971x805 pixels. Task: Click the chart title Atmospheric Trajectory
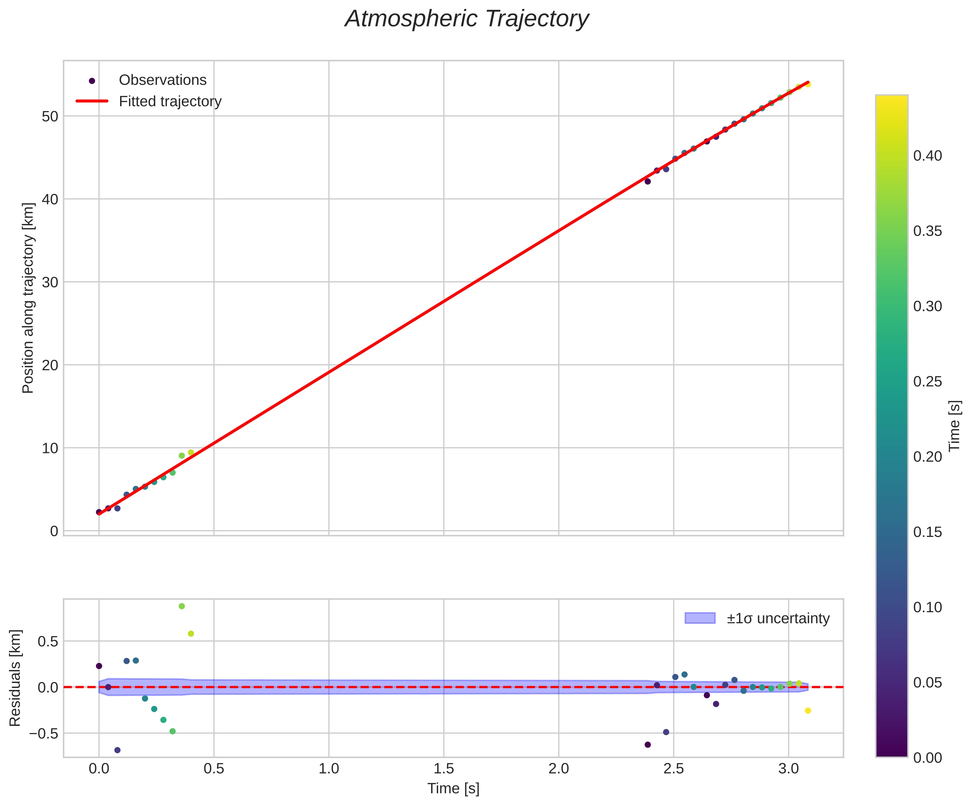pyautogui.click(x=466, y=19)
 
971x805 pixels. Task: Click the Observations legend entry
pyautogui.click(x=162, y=80)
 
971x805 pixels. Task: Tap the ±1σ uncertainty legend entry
pyautogui.click(x=778, y=618)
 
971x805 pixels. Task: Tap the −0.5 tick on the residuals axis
pyautogui.click(x=44, y=733)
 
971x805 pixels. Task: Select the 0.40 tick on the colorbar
pyautogui.click(x=928, y=156)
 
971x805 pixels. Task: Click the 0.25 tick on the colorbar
pyautogui.click(x=928, y=382)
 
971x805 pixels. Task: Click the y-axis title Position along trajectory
pyautogui.click(x=28, y=298)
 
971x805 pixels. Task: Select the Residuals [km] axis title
pyautogui.click(x=15, y=677)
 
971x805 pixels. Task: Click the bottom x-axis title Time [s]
pyautogui.click(x=453, y=789)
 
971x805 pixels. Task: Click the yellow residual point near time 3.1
pyautogui.click(x=808, y=711)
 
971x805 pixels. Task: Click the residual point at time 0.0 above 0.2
pyautogui.click(x=99, y=666)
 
